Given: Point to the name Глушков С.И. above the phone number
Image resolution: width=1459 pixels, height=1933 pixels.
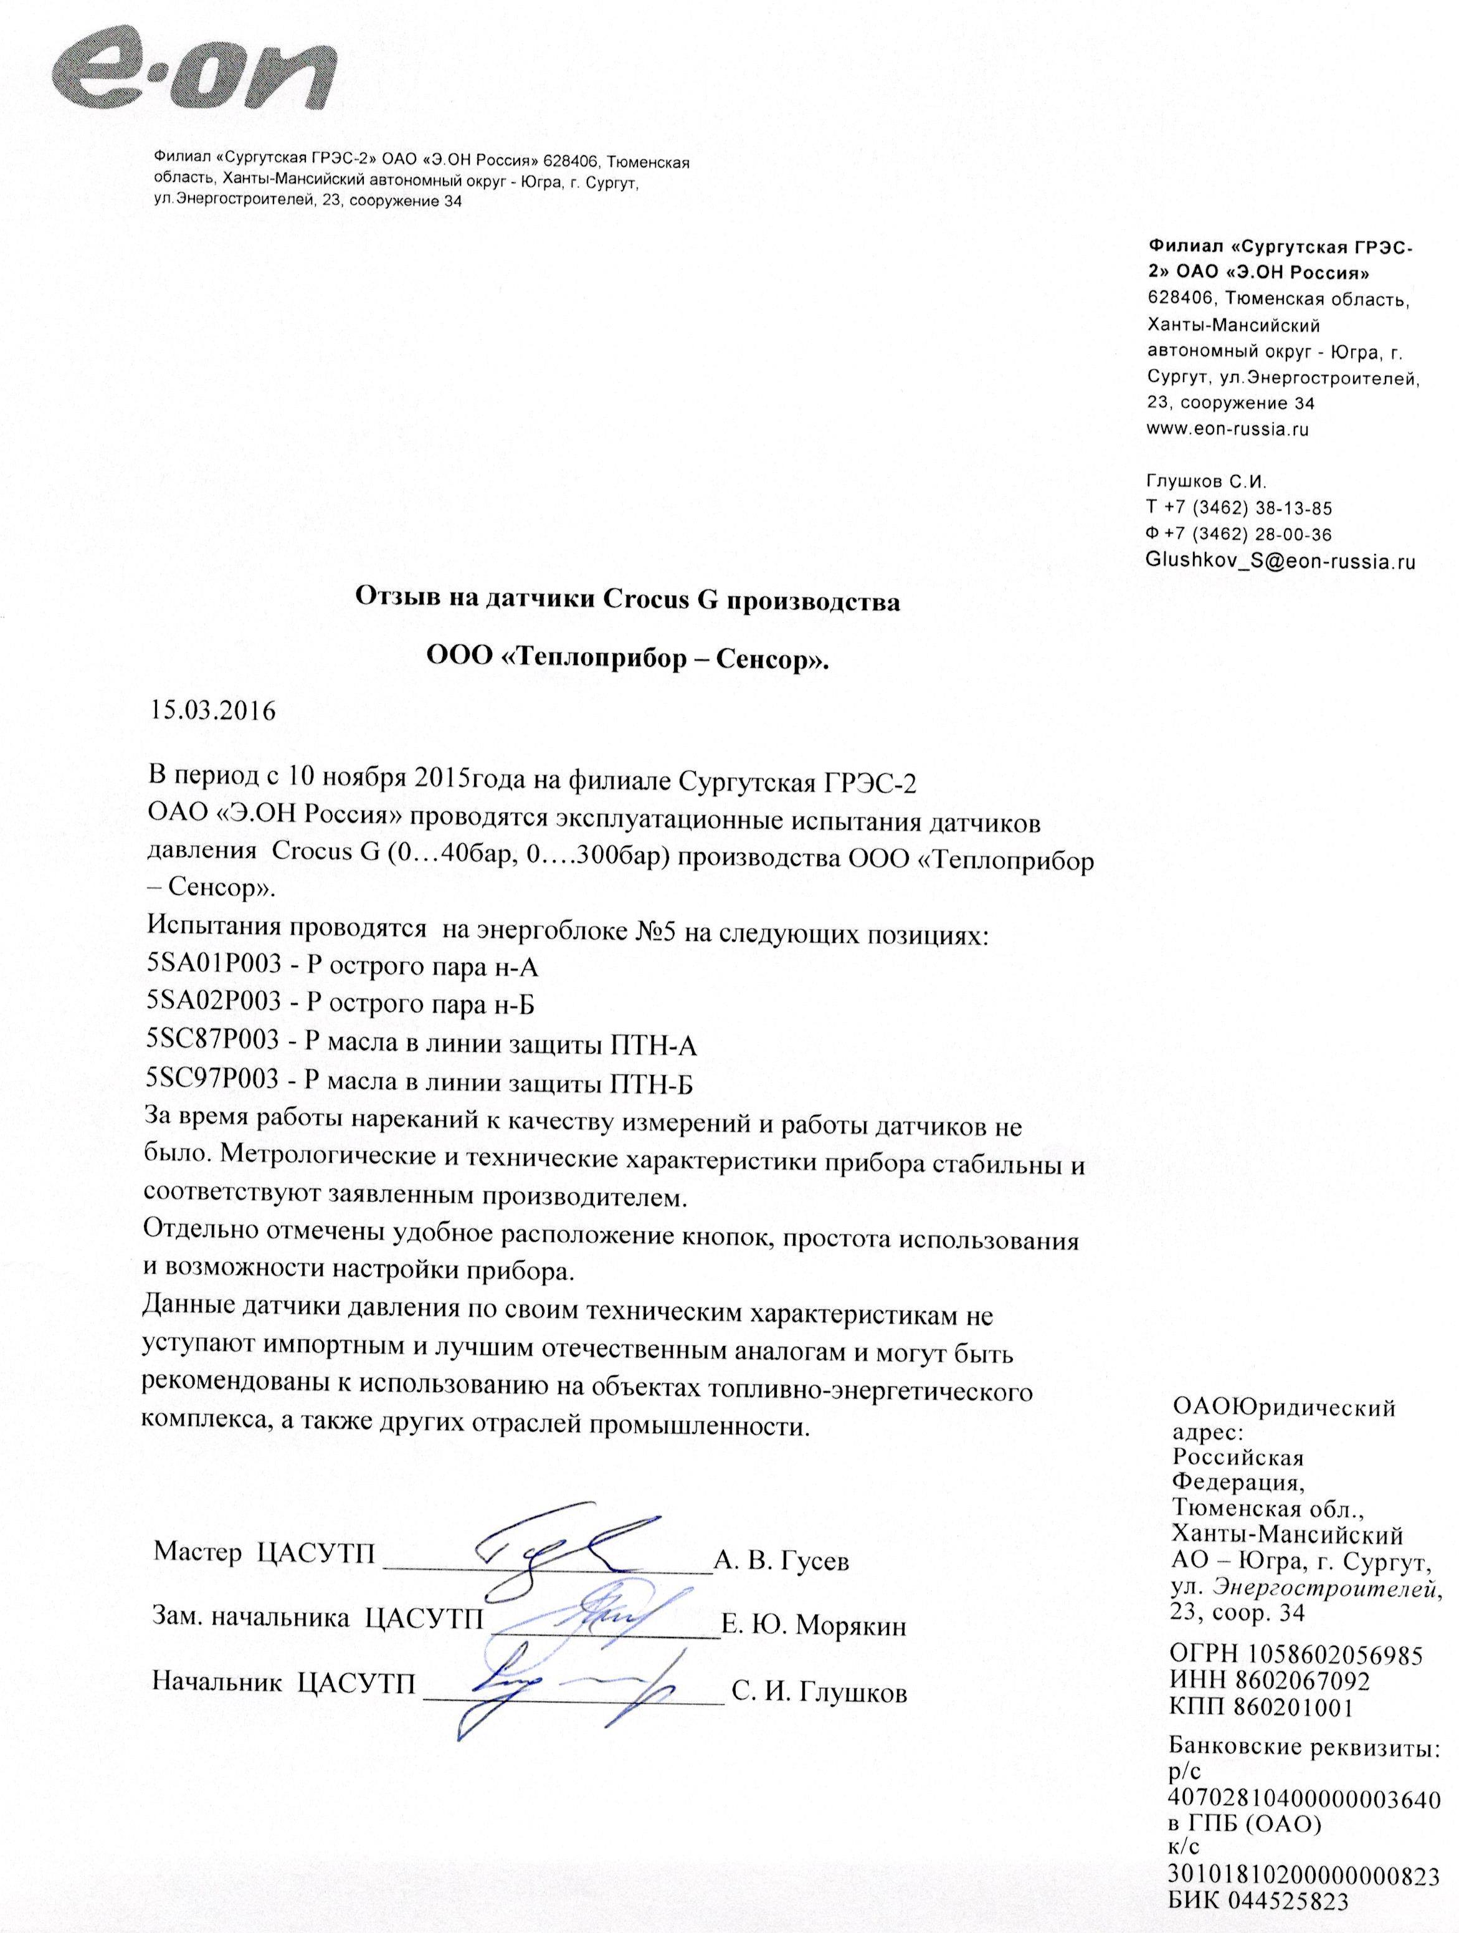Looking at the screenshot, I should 1205,482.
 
